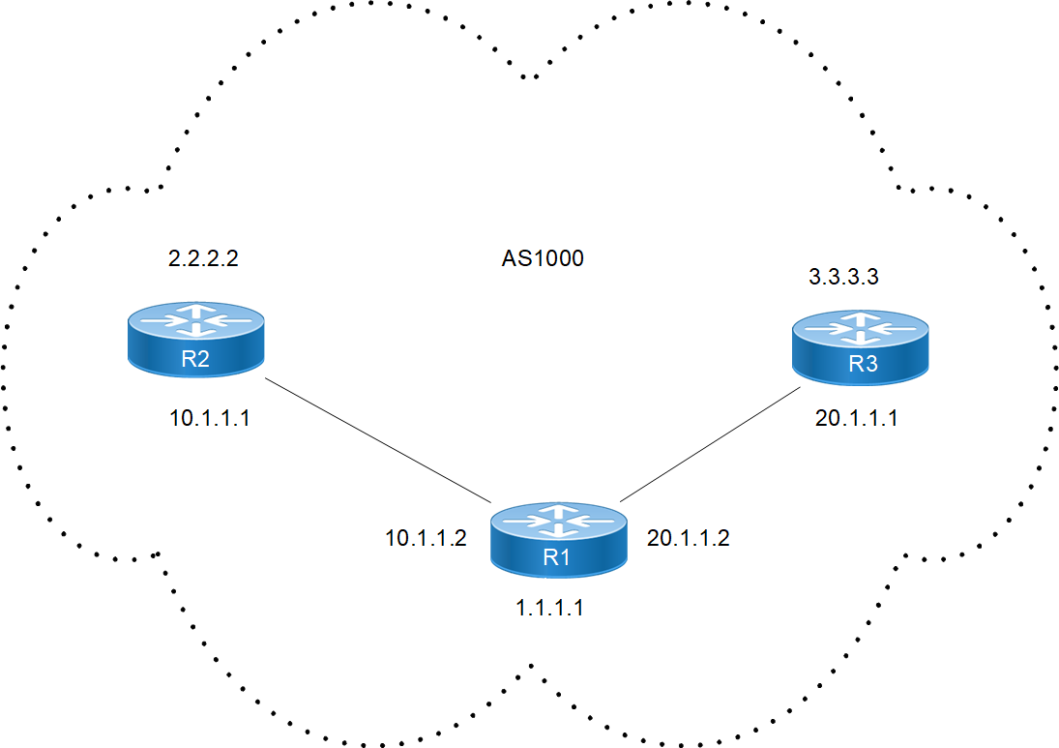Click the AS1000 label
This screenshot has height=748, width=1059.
(543, 259)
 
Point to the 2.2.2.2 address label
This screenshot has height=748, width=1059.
(203, 259)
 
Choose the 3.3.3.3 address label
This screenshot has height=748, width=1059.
(843, 278)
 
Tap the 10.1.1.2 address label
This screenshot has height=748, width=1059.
(427, 539)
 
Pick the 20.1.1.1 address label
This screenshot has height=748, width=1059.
(857, 419)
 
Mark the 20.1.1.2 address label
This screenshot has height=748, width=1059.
(688, 539)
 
